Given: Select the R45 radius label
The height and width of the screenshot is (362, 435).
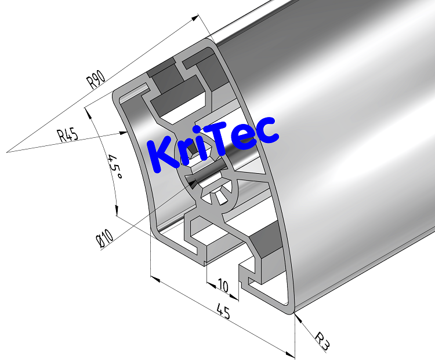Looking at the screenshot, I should point(68,136).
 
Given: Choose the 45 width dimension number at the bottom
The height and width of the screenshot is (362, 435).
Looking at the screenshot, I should point(223,313).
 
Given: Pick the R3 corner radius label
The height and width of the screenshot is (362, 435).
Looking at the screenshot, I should point(322,341).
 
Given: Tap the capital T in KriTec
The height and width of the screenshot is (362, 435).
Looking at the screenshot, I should point(224,136).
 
